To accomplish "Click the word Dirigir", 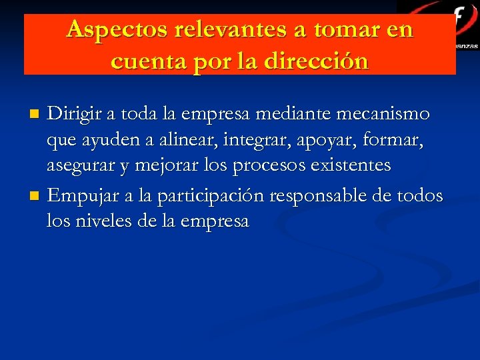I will pyautogui.click(x=75, y=114).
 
